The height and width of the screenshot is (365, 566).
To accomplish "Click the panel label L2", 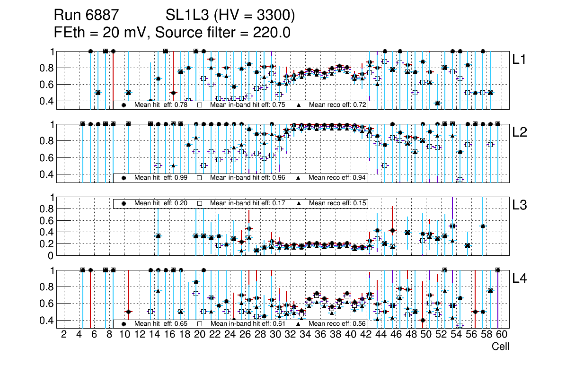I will coord(521,133).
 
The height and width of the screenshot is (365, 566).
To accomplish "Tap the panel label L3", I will coord(521,206).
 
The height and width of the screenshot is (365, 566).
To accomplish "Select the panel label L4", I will coord(521,278).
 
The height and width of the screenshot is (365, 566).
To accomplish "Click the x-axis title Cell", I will coord(500,347).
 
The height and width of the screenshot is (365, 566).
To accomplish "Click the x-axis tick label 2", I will coord(64,335).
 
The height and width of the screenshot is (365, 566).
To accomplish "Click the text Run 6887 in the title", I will coord(86,16).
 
